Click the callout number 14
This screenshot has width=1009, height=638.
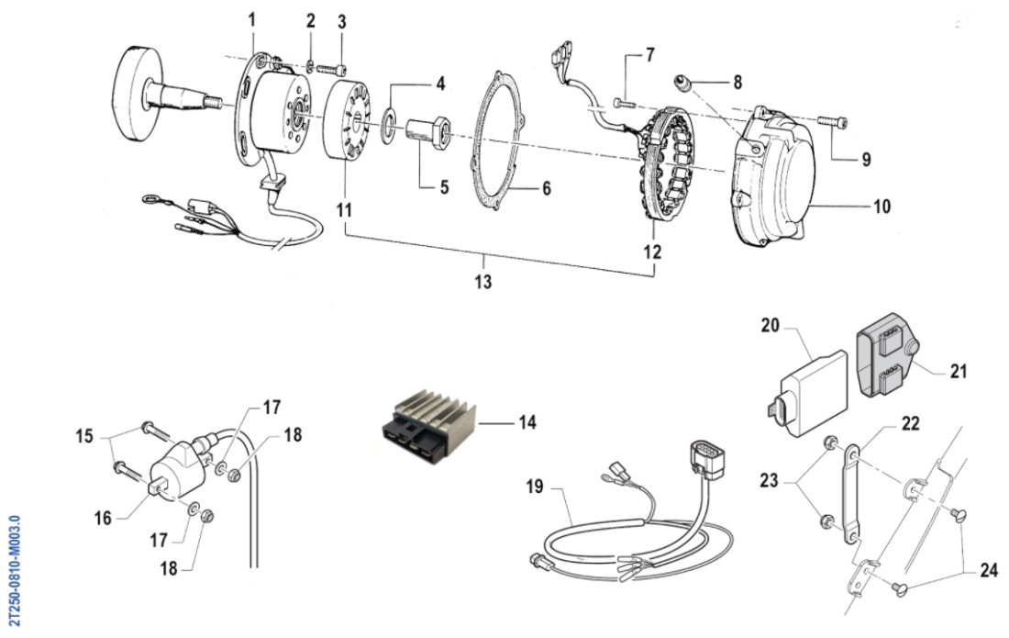click(x=526, y=423)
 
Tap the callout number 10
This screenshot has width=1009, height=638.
click(x=881, y=207)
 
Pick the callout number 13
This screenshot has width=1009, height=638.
click(x=483, y=282)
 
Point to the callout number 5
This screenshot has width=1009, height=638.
click(x=444, y=188)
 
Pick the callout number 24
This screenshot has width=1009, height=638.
click(x=988, y=570)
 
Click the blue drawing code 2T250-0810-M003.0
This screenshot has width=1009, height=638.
click(x=13, y=569)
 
